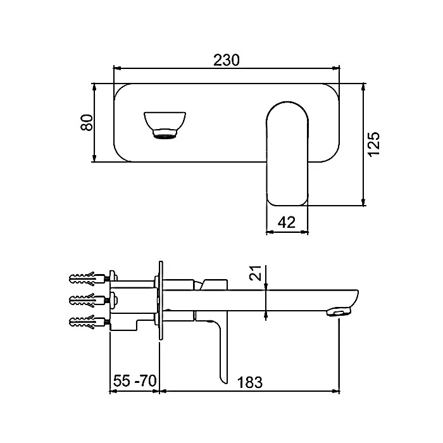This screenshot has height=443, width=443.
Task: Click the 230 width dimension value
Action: click(x=227, y=60)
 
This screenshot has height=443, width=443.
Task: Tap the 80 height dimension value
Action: click(x=87, y=122)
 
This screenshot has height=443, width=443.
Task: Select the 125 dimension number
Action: click(x=373, y=144)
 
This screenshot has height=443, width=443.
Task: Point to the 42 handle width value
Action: click(x=287, y=222)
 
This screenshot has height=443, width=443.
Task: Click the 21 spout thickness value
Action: click(x=256, y=273)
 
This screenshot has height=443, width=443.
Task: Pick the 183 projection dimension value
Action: click(x=250, y=382)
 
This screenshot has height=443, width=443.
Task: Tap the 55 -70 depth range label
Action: click(x=135, y=380)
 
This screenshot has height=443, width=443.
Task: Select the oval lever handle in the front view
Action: click(x=287, y=153)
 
